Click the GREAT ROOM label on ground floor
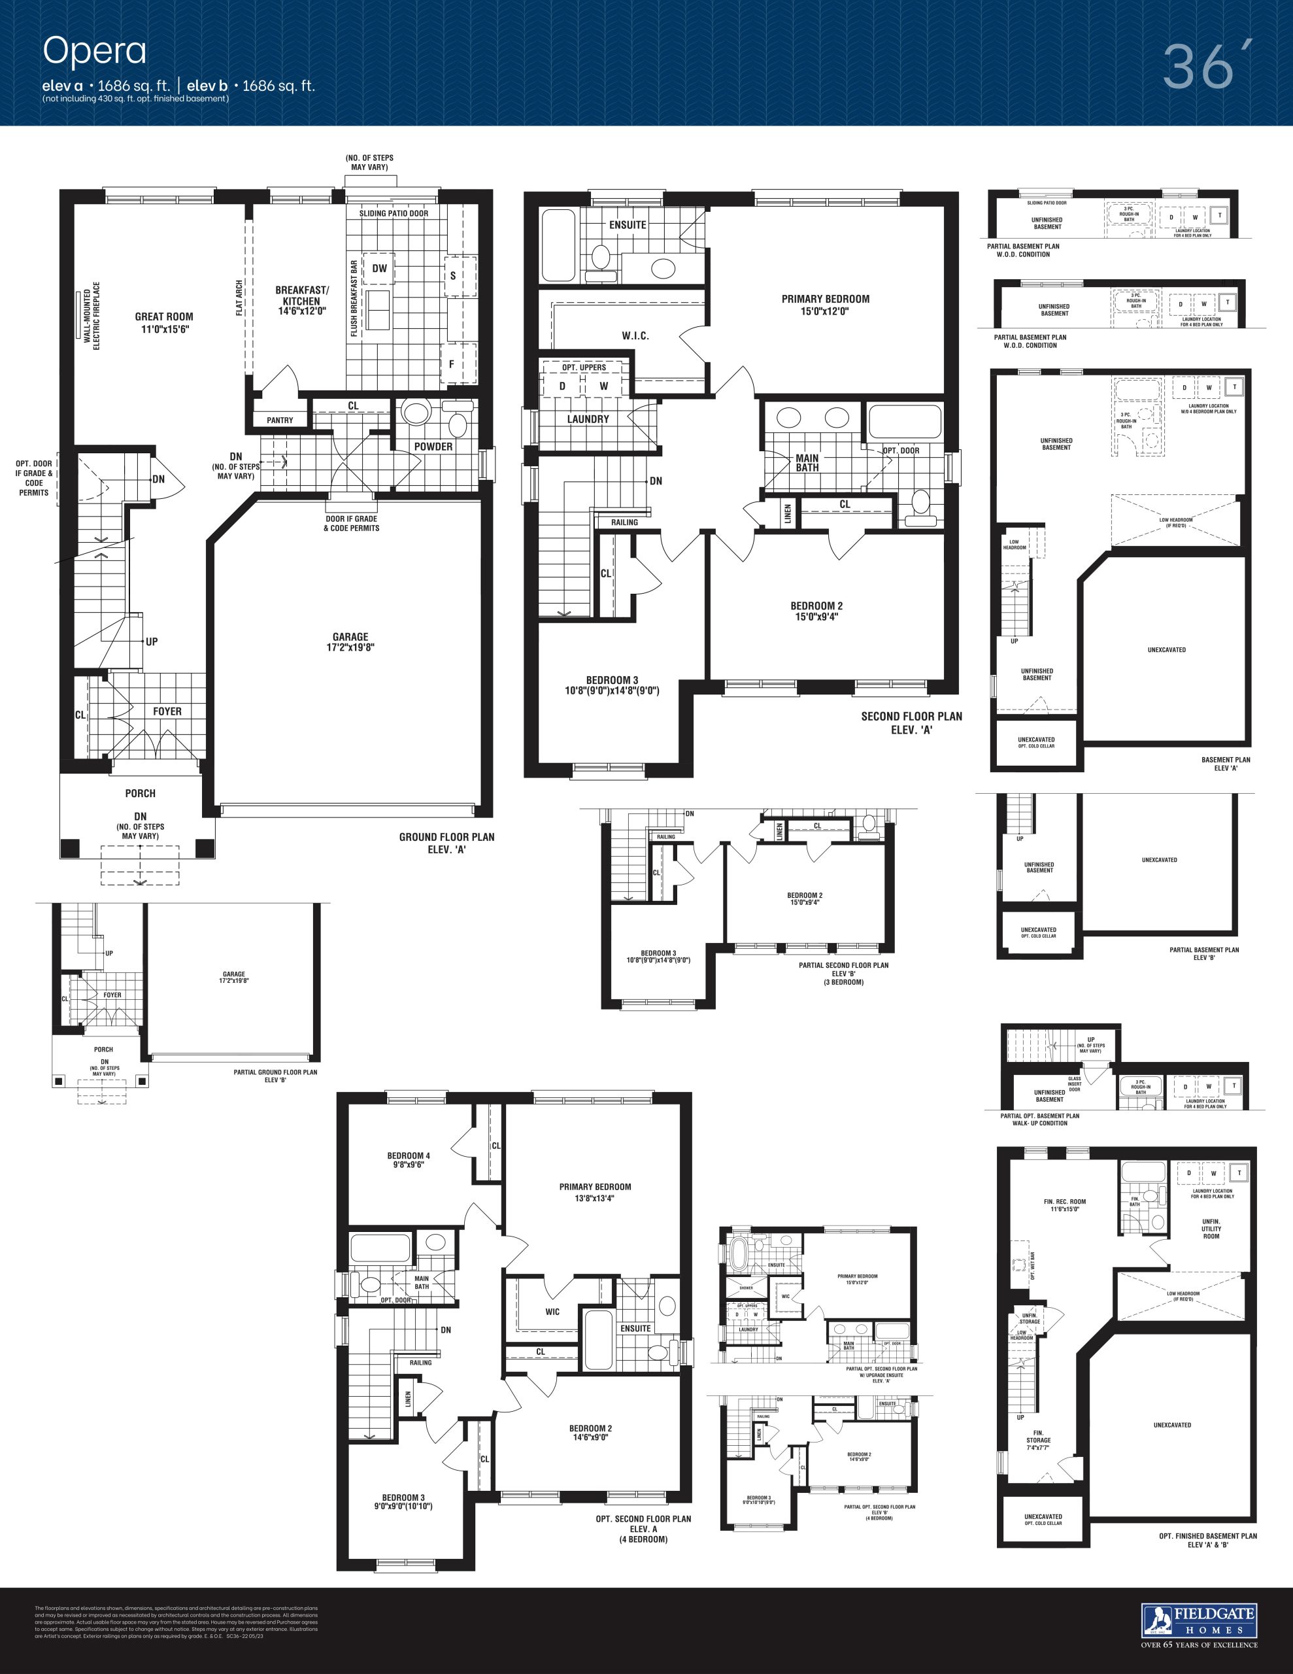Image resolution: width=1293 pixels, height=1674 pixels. (164, 316)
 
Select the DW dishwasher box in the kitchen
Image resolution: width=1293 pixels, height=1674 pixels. (379, 268)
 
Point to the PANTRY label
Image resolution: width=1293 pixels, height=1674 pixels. (280, 420)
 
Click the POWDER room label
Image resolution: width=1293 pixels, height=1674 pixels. (433, 447)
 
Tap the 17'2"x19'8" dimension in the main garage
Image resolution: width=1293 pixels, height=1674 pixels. (350, 647)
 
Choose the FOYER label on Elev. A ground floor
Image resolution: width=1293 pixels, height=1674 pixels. (167, 711)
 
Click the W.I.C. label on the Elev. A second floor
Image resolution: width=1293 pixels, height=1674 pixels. (635, 335)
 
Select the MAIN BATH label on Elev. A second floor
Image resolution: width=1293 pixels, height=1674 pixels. (807, 463)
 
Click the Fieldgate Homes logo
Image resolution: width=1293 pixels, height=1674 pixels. (1199, 1620)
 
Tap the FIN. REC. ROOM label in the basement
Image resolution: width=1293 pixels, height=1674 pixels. (1065, 1201)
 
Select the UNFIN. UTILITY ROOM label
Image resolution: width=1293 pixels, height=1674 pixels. (1211, 1228)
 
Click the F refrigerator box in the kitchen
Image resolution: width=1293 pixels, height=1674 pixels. (452, 364)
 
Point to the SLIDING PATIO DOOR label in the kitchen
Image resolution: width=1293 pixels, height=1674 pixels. (394, 213)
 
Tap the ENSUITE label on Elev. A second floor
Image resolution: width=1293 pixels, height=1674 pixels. (628, 224)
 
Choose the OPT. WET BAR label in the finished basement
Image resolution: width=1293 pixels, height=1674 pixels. (1032, 1266)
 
